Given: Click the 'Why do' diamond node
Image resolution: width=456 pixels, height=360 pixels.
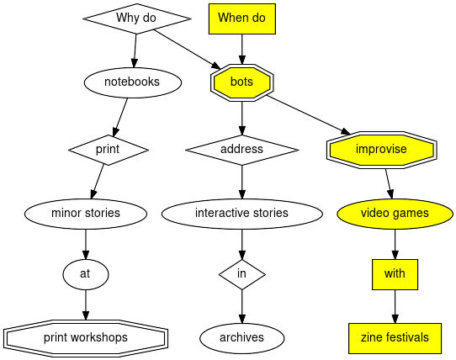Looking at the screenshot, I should point(136,19).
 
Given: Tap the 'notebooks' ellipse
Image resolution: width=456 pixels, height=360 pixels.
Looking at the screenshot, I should point(133,82).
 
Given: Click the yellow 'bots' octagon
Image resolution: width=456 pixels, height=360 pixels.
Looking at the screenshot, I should point(242,82).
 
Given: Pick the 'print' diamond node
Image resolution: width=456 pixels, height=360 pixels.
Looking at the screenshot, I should point(108,149).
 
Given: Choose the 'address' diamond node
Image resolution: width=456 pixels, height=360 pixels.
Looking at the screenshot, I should point(242,149).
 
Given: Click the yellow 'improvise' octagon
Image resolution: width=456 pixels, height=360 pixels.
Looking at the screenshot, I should point(381,149).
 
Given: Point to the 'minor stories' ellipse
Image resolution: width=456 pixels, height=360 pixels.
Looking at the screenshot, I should point(85,213).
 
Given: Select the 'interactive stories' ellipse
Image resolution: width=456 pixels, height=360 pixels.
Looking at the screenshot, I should point(242,213).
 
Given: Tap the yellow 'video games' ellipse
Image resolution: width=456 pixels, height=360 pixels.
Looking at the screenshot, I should point(395,213).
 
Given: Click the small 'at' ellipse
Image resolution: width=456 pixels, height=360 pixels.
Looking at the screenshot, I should point(85,273).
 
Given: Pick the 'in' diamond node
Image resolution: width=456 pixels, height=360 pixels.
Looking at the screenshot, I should point(242,273).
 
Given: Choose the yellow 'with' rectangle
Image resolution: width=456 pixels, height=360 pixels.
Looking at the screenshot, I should point(395,273).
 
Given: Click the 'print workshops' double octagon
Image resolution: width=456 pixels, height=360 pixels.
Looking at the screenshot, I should point(85,337).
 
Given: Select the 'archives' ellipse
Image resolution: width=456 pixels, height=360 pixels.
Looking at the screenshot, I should point(242,337).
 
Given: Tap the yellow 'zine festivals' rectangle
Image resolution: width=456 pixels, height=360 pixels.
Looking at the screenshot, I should point(395,337).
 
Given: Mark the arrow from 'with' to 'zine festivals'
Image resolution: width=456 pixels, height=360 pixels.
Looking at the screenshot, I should point(395,305).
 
